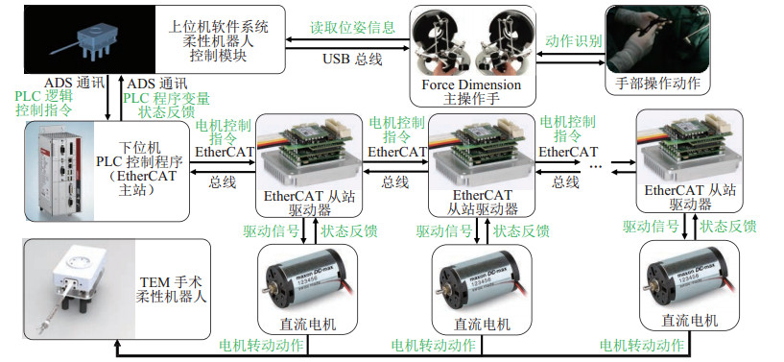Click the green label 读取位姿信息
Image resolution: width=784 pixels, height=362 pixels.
pyautogui.click(x=352, y=27)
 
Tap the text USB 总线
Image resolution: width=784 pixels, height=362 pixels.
pyautogui.click(x=352, y=59)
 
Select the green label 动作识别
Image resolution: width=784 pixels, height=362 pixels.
pyautogui.click(x=574, y=41)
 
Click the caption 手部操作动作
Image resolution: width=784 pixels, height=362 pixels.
pyautogui.click(x=657, y=84)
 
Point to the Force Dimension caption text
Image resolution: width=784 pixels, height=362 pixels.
pyautogui.click(x=471, y=84)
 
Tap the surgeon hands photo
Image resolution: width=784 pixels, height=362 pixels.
pyautogui.click(x=657, y=39)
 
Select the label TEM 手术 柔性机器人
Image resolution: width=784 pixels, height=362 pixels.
pyautogui.click(x=171, y=288)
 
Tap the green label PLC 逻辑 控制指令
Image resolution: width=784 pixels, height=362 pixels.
pyautogui.click(x=44, y=103)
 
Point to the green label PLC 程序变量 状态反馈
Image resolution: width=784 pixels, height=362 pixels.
pyautogui.click(x=167, y=105)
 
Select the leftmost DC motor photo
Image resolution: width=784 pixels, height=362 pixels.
pyautogui.click(x=307, y=282)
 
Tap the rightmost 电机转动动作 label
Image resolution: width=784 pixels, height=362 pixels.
pyautogui.click(x=642, y=345)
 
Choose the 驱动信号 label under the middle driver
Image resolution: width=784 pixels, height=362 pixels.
pyautogui.click(x=444, y=230)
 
